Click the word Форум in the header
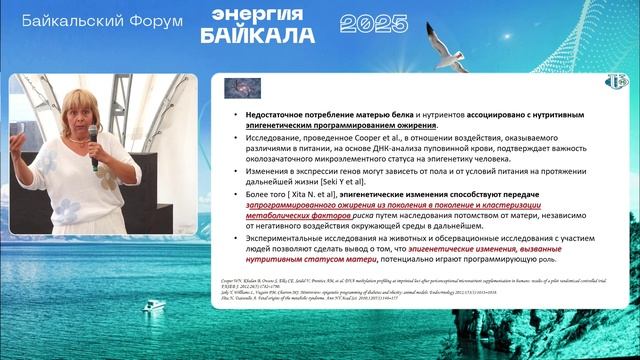coord(151,19)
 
